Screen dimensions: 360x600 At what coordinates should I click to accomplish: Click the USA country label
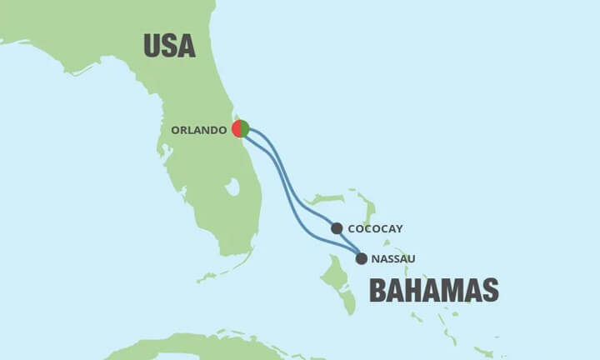pyautogui.click(x=169, y=45)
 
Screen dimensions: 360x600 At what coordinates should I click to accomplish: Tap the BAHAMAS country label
pyautogui.click(x=433, y=290)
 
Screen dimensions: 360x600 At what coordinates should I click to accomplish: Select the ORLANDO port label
pyautogui.click(x=199, y=130)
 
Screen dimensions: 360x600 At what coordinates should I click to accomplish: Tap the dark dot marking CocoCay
pyautogui.click(x=337, y=228)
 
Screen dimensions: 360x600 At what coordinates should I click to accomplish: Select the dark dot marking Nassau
pyautogui.click(x=361, y=258)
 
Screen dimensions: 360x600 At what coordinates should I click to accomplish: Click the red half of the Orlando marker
pyautogui.click(x=237, y=129)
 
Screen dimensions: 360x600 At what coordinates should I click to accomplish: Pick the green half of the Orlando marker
pyautogui.click(x=245, y=129)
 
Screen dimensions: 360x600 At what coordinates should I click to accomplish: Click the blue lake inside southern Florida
pyautogui.click(x=232, y=187)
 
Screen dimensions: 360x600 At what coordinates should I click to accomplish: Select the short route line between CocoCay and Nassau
pyautogui.click(x=349, y=242)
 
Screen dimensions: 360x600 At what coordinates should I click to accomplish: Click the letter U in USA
pyautogui.click(x=152, y=45)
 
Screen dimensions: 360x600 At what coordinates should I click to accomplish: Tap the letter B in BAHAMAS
pyautogui.click(x=377, y=290)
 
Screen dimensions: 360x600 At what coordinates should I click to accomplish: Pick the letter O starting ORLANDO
pyautogui.click(x=176, y=130)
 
